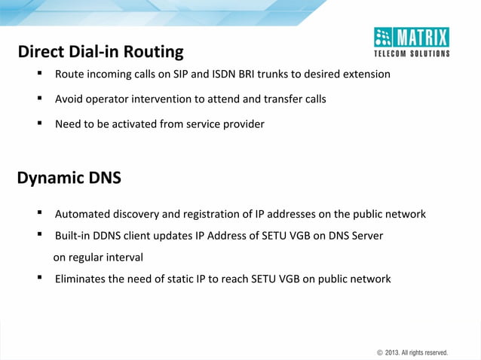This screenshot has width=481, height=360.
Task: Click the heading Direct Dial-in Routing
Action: (x=100, y=52)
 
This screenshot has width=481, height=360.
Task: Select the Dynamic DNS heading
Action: (x=69, y=178)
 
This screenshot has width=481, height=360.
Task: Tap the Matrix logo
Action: (x=412, y=37)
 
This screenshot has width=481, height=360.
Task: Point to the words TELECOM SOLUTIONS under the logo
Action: (x=412, y=53)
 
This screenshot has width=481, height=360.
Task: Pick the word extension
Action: (x=366, y=75)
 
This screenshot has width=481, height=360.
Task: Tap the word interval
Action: (x=122, y=258)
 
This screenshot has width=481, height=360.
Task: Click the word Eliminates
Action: (x=81, y=279)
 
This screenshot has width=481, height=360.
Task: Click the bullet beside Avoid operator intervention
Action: (x=38, y=99)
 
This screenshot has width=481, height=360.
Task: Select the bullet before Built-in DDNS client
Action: (x=38, y=235)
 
